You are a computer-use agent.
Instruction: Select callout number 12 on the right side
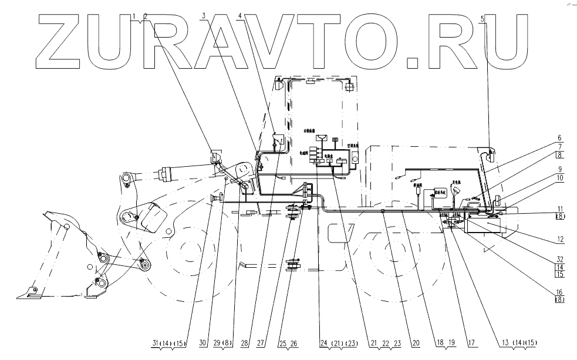coord(561,239)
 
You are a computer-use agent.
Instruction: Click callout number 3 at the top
coord(204,14)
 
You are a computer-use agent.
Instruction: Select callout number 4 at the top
coord(240,14)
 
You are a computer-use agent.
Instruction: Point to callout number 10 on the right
coord(561,177)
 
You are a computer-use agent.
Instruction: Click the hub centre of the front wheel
coord(188,253)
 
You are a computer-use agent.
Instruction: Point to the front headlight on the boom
coord(215,158)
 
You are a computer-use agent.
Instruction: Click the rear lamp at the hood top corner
coord(491,154)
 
